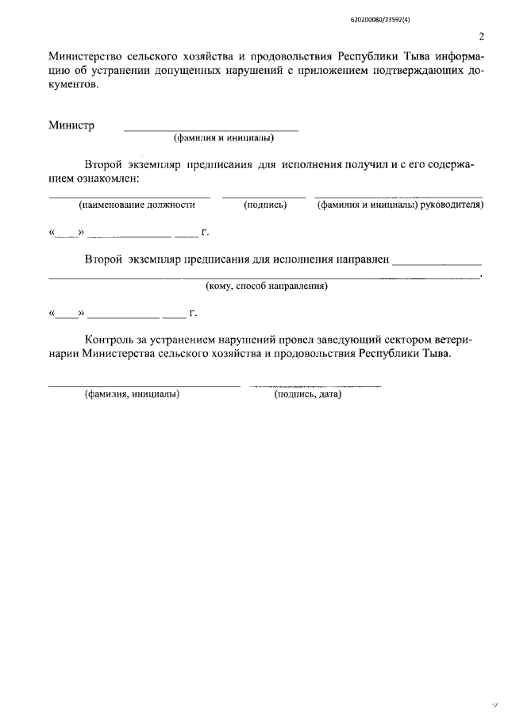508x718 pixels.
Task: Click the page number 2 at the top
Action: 481,36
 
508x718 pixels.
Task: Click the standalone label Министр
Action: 71,125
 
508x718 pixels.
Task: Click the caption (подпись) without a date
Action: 264,205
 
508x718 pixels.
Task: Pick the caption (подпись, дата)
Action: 307,394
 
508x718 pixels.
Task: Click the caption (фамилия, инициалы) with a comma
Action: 132,394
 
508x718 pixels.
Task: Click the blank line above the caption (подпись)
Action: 264,196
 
